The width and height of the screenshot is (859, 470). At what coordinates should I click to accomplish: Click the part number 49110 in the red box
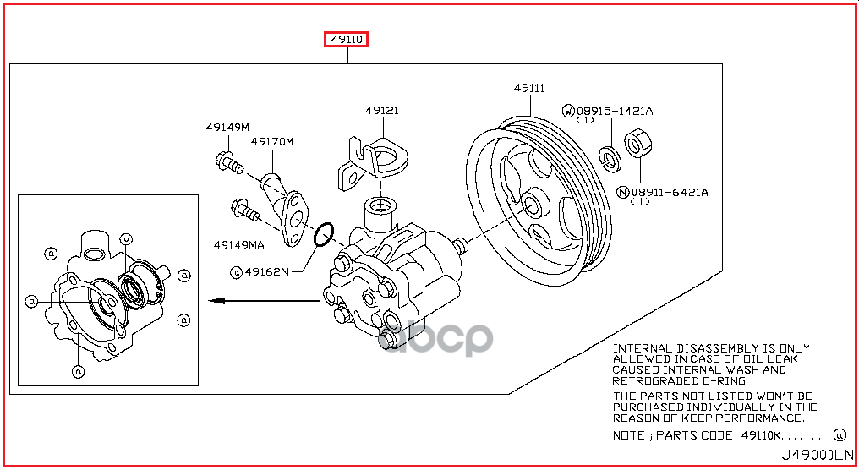tap(347, 40)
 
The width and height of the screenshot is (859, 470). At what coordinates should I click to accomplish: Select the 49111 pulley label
tap(528, 88)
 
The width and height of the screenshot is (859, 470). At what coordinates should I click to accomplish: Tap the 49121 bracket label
tap(382, 111)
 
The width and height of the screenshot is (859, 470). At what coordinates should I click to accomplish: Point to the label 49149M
tap(227, 128)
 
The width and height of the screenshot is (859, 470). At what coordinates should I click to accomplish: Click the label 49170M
tap(271, 141)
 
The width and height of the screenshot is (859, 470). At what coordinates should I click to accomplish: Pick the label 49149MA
tap(238, 245)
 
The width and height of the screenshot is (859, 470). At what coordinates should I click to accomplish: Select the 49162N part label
tap(266, 271)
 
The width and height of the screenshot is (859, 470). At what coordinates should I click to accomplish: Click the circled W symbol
tap(569, 111)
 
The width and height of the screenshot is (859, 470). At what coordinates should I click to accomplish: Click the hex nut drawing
tap(636, 144)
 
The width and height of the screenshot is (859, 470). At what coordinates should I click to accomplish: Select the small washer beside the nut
tap(608, 156)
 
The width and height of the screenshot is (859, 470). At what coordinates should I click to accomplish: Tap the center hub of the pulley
tap(533, 204)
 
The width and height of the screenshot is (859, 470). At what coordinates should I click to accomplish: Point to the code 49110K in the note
tap(760, 435)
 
